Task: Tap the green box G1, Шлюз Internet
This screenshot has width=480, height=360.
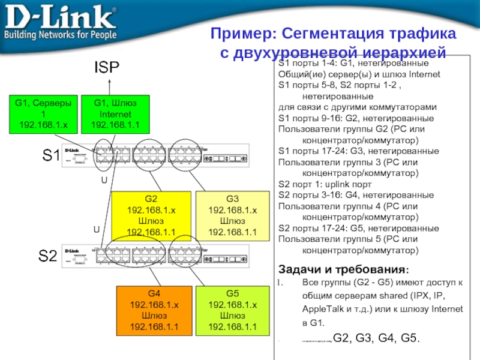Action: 115,114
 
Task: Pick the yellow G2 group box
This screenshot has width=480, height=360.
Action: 151,215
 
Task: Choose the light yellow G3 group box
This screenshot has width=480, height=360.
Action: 232,215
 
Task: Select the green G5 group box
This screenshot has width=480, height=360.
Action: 232,310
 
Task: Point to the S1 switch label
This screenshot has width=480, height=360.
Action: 51,157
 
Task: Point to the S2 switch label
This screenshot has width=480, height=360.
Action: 49,256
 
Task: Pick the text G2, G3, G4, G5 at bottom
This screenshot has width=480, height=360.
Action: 376,337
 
